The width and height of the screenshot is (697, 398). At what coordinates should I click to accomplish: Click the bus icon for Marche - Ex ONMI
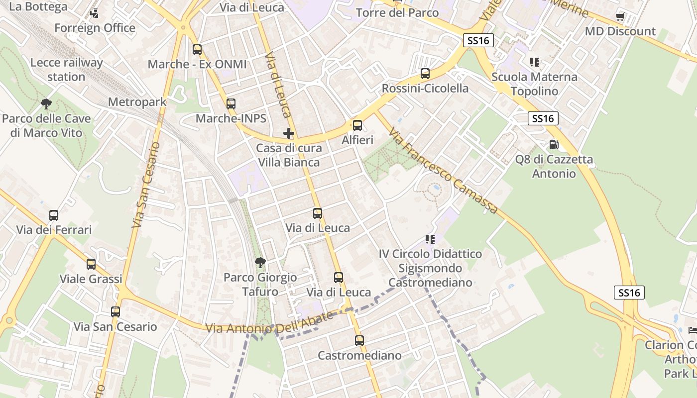197,50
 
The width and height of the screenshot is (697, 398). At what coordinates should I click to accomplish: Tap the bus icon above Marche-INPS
231,104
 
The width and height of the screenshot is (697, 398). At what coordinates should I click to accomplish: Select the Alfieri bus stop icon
357,125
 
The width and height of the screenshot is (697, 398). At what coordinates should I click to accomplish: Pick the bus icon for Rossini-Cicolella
425,74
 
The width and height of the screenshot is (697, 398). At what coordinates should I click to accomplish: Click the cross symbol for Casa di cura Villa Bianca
289,133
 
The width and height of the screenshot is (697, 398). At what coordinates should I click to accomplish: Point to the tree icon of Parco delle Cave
46,104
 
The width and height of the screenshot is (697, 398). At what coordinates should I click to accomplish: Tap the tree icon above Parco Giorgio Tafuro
260,263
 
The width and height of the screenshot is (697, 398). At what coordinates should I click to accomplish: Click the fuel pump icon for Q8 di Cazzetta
553,145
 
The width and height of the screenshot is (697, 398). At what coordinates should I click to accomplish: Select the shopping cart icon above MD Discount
620,17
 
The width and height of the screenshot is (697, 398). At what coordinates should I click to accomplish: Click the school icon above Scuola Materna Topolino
534,62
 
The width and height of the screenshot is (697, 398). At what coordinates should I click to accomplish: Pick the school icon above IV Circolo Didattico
430,239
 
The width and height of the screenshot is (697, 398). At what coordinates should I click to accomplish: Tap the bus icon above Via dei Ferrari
54,215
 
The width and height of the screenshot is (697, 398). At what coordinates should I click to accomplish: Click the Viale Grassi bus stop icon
91,264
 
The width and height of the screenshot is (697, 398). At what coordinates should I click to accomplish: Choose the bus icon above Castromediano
359,341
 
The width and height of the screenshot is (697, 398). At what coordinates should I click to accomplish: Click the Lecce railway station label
66,70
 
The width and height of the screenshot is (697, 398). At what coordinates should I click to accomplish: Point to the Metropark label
137,102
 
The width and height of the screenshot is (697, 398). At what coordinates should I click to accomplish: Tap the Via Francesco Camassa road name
443,171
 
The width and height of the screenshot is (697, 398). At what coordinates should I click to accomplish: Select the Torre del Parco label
397,12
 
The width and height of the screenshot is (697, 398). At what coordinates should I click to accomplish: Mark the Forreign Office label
95,28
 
